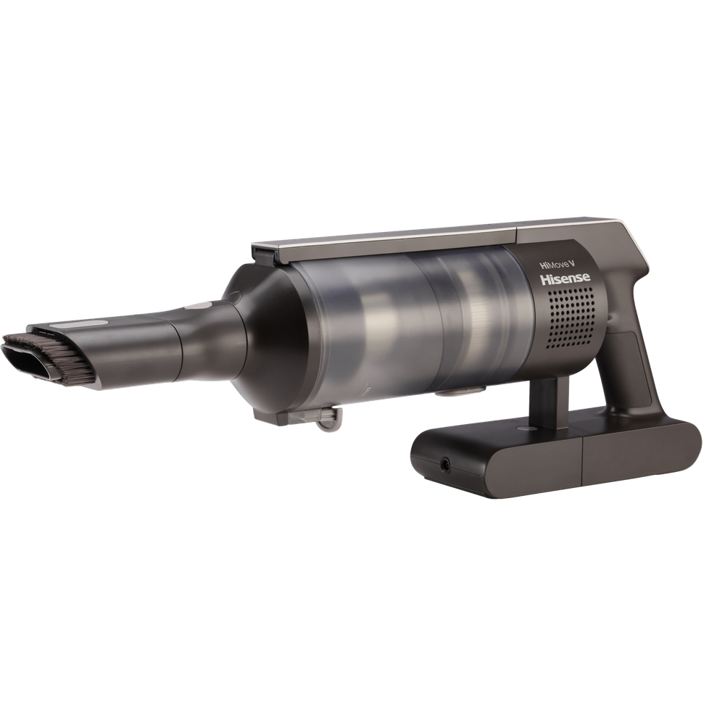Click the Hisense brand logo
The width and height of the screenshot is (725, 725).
[565, 279]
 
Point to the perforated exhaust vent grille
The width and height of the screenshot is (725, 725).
[572, 317]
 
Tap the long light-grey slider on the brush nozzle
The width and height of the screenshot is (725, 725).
[78, 325]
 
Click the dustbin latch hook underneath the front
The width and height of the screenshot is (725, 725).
[329, 418]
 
